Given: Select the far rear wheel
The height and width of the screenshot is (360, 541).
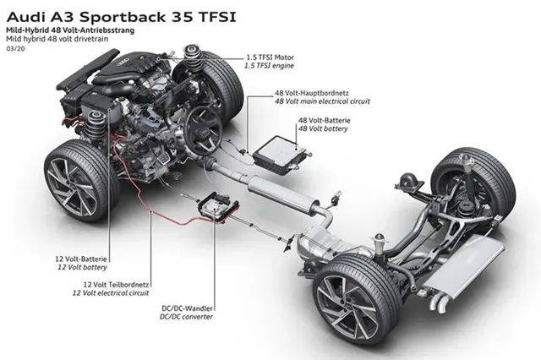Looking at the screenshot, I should pyautogui.click(x=473, y=182).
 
